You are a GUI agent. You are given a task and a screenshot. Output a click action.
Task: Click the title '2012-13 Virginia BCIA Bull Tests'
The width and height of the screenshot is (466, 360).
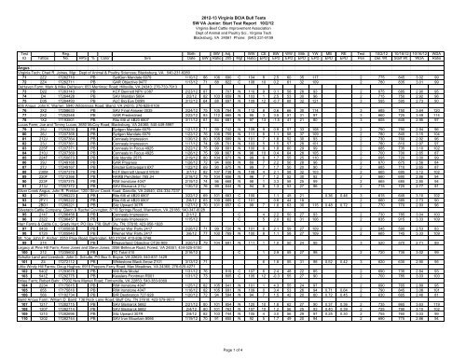(x=232, y=6)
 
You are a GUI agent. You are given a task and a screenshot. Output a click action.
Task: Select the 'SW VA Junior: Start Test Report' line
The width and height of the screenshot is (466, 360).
(x=232, y=13)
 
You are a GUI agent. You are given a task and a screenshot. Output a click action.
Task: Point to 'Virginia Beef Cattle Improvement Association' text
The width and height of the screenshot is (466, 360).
(x=232, y=20)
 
